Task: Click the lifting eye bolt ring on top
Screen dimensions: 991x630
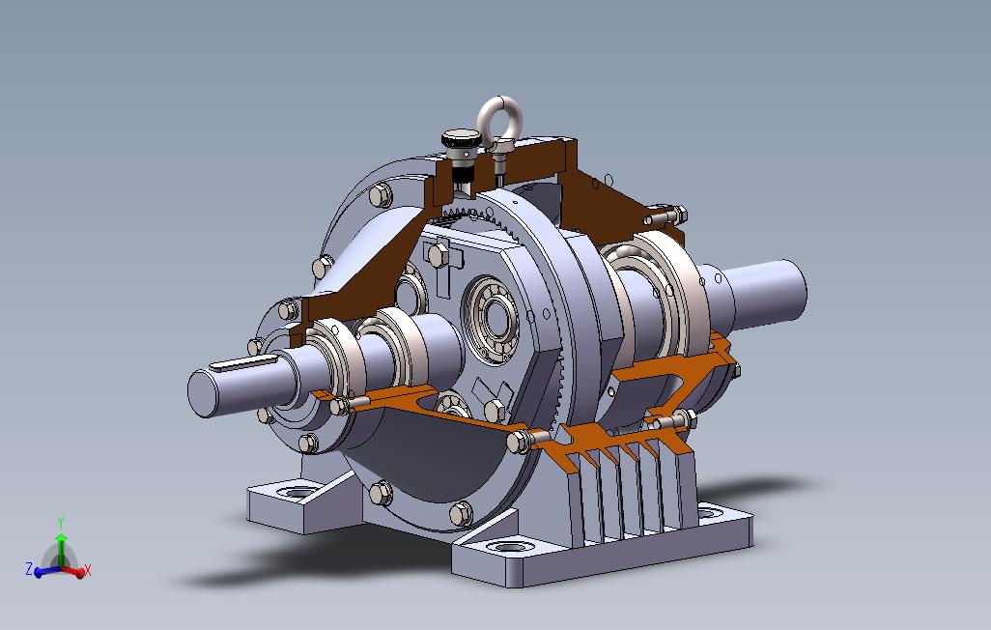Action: [x=487, y=117]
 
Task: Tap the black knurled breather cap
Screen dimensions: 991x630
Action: [x=461, y=138]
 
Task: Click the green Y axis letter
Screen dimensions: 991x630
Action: [x=61, y=522]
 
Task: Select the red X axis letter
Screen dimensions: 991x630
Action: [x=87, y=570]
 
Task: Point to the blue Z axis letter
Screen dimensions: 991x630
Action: [x=29, y=569]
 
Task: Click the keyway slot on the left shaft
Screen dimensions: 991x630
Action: [x=243, y=363]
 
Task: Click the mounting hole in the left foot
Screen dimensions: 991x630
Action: [x=299, y=492]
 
